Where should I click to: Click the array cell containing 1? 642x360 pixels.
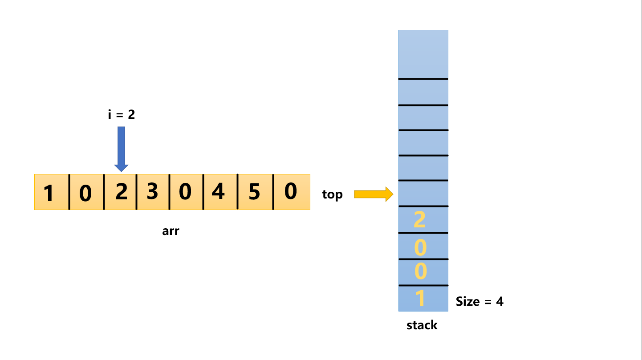click(x=51, y=192)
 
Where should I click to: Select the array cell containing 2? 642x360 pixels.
click(x=120, y=192)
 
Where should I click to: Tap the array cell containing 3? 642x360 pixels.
click(x=153, y=192)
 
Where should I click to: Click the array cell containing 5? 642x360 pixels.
click(x=255, y=192)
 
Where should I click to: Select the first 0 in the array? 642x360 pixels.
click(x=86, y=192)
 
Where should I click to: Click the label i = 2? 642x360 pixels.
click(x=121, y=115)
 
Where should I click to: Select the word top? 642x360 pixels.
click(x=332, y=194)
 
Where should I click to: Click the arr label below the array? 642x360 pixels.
click(x=171, y=231)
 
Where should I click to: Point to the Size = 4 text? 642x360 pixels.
click(x=479, y=302)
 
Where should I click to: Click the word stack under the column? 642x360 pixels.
click(x=422, y=325)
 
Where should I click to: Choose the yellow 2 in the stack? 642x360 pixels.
click(x=420, y=220)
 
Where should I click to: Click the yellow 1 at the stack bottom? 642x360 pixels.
click(x=420, y=299)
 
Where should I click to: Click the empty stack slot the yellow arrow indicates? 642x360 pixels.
click(x=423, y=194)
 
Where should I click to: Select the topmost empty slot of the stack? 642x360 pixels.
click(x=423, y=54)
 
